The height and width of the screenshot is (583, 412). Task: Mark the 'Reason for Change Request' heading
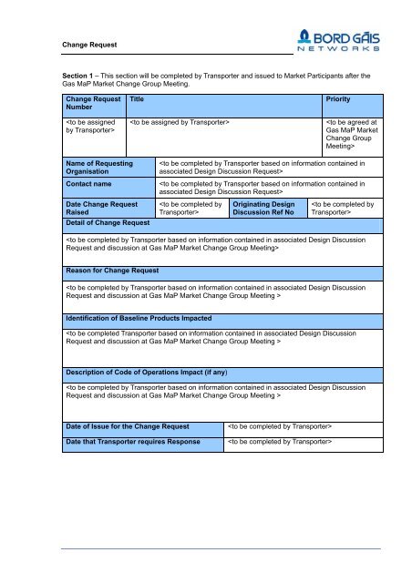pos(112,271)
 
